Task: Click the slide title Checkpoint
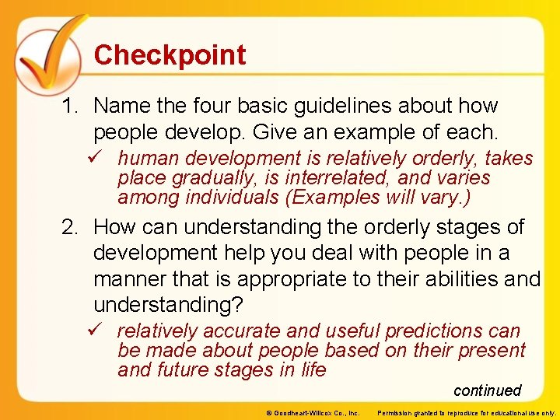click(170, 55)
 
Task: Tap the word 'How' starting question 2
click(114, 228)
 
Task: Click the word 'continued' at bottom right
click(487, 390)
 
